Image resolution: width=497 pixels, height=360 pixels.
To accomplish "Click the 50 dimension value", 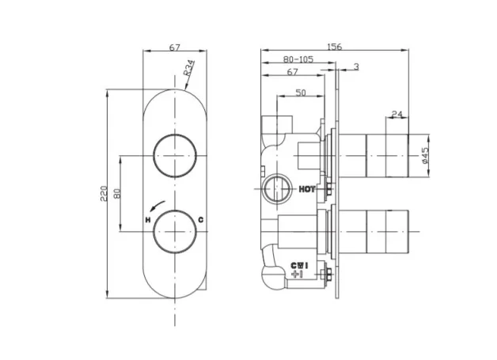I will click(x=301, y=93).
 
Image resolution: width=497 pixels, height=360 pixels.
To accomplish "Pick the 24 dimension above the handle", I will click(x=397, y=115).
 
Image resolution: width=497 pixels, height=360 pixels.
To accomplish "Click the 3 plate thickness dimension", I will click(x=356, y=66).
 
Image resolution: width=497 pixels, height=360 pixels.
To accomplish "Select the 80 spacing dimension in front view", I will click(x=116, y=194).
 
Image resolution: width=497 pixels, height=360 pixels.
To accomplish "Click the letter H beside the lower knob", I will click(x=147, y=218).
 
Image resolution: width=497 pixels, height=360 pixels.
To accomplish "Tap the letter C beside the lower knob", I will click(x=201, y=219).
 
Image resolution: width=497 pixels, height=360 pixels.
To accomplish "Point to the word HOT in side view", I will click(x=308, y=189).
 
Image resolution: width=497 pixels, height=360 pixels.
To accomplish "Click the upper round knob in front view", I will click(x=174, y=154).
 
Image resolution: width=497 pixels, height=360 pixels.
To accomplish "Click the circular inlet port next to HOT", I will click(x=275, y=190).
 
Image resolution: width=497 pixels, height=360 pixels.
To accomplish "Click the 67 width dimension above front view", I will click(x=174, y=47).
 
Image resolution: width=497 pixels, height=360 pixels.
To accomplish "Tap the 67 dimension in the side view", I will click(x=292, y=72).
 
